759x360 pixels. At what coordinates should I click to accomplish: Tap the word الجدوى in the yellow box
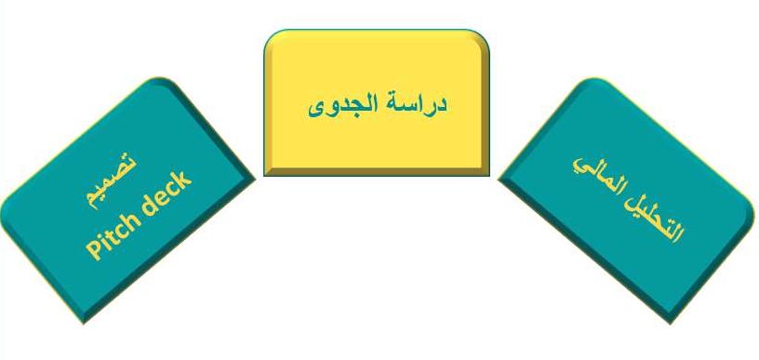click(342, 106)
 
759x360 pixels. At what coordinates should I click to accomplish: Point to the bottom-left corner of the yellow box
click(264, 175)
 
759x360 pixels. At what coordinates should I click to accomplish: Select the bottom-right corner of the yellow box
click(489, 175)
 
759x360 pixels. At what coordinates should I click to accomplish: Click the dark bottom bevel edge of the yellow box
click(377, 172)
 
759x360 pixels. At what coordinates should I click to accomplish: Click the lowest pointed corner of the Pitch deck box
click(84, 323)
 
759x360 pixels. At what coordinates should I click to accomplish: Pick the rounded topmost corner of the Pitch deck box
click(160, 78)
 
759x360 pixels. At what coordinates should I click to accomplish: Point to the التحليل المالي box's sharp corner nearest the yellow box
click(499, 180)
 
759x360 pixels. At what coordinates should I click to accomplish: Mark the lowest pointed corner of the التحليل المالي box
click(671, 323)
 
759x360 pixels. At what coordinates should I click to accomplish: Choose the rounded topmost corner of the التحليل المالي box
click(594, 79)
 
